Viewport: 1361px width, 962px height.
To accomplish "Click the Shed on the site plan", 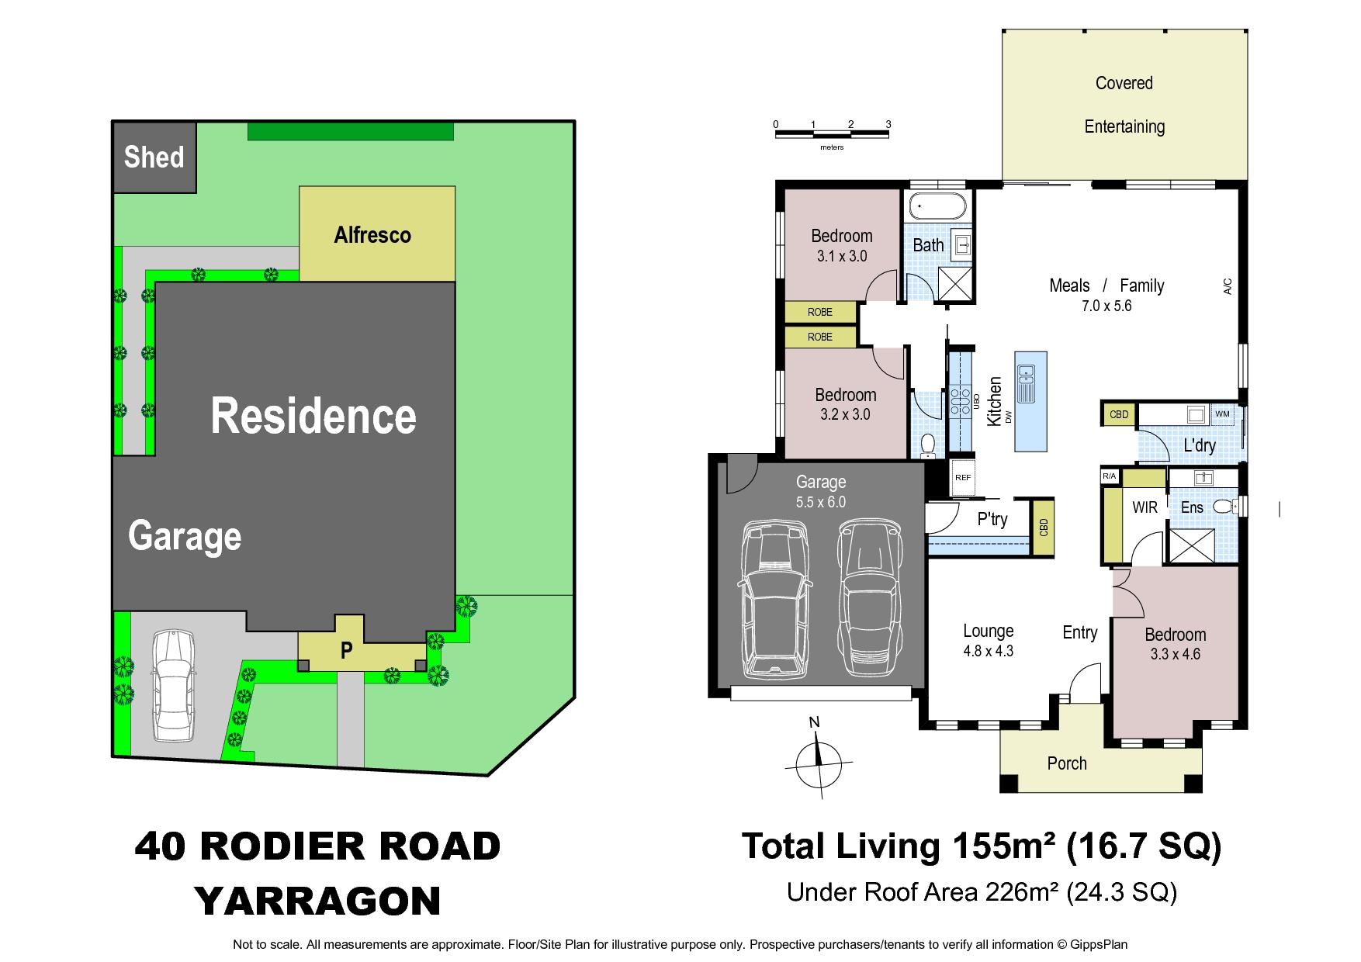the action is tap(154, 157).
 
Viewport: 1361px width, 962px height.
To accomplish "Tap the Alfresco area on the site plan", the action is tap(377, 234).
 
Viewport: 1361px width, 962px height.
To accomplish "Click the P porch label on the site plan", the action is tap(346, 651).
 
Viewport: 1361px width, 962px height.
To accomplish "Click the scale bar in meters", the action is tap(832, 134).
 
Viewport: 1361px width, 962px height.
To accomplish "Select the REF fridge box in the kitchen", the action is tap(962, 478).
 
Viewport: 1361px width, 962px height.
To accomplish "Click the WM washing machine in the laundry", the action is tap(1222, 414).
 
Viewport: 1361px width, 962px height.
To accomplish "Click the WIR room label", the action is tap(1145, 507).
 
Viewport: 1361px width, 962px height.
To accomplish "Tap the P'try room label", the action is tap(992, 518).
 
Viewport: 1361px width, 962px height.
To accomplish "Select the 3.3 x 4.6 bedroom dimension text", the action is tap(1175, 654).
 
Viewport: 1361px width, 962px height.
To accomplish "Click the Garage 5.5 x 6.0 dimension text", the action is tap(820, 502).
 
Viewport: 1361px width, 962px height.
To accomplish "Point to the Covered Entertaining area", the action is tap(1124, 105).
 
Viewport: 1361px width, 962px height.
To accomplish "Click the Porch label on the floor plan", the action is tap(1067, 763).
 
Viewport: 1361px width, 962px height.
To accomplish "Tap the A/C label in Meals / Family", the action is tap(1228, 286).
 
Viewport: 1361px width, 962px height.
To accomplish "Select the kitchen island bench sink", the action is tap(1026, 382).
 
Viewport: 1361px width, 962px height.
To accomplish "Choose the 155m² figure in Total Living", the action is tap(1003, 846).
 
